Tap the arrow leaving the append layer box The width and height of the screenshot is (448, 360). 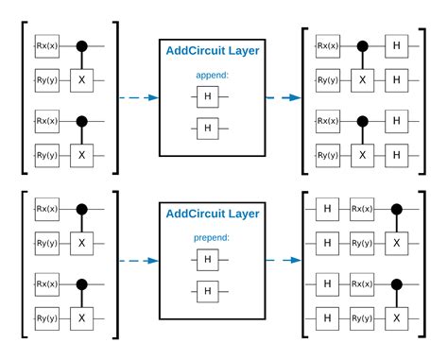point(283,97)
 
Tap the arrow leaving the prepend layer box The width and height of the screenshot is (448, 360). point(283,262)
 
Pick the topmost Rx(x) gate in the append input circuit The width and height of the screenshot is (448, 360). point(46,44)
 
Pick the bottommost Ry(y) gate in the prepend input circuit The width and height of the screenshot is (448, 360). point(46,317)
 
